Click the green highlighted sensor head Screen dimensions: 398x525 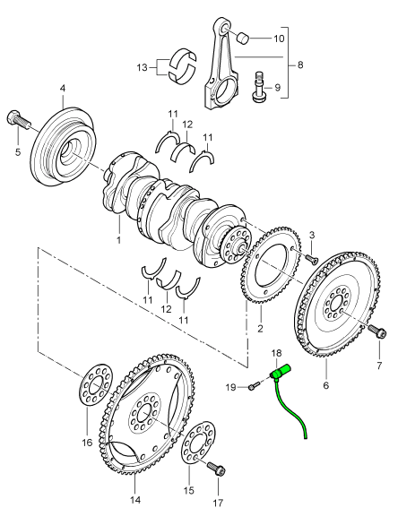point(280,372)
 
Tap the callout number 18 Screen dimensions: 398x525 point(277,353)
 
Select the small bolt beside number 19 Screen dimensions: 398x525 point(254,386)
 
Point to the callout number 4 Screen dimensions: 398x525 point(63,89)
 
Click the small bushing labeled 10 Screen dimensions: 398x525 point(243,37)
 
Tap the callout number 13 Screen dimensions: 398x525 point(142,67)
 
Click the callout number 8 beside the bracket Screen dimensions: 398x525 point(299,65)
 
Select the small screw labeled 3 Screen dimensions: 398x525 point(311,258)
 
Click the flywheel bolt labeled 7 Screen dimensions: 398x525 point(376,331)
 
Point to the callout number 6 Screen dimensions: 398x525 point(326,385)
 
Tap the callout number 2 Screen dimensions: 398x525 point(260,329)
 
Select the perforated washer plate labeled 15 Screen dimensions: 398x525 point(198,444)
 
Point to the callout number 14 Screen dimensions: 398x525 point(135,500)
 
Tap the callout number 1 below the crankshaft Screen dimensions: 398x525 point(118,240)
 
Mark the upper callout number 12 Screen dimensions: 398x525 point(187,125)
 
